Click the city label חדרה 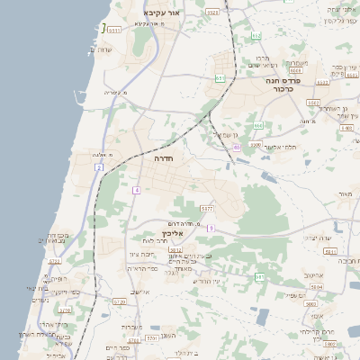click(164, 158)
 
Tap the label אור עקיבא click(162, 13)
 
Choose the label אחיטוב click(313, 275)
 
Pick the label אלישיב click(139, 292)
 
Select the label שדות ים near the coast click(100, 49)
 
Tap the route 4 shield click(136, 190)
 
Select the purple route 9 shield click(211, 229)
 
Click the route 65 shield click(237, 147)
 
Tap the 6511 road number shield click(114, 30)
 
